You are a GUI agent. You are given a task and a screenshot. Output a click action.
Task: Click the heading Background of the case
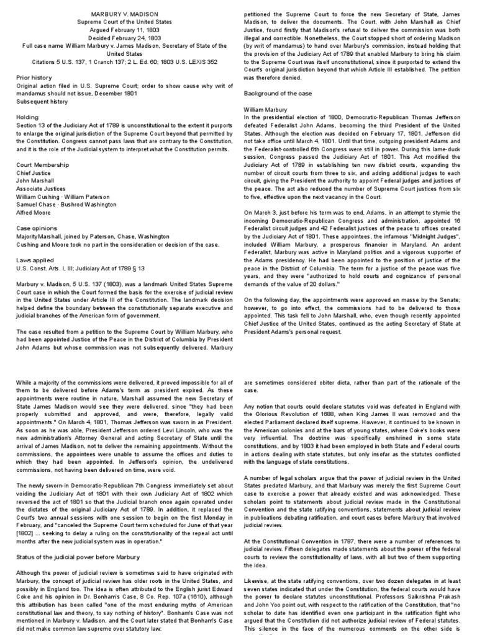pyautogui.click(x=278, y=92)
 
